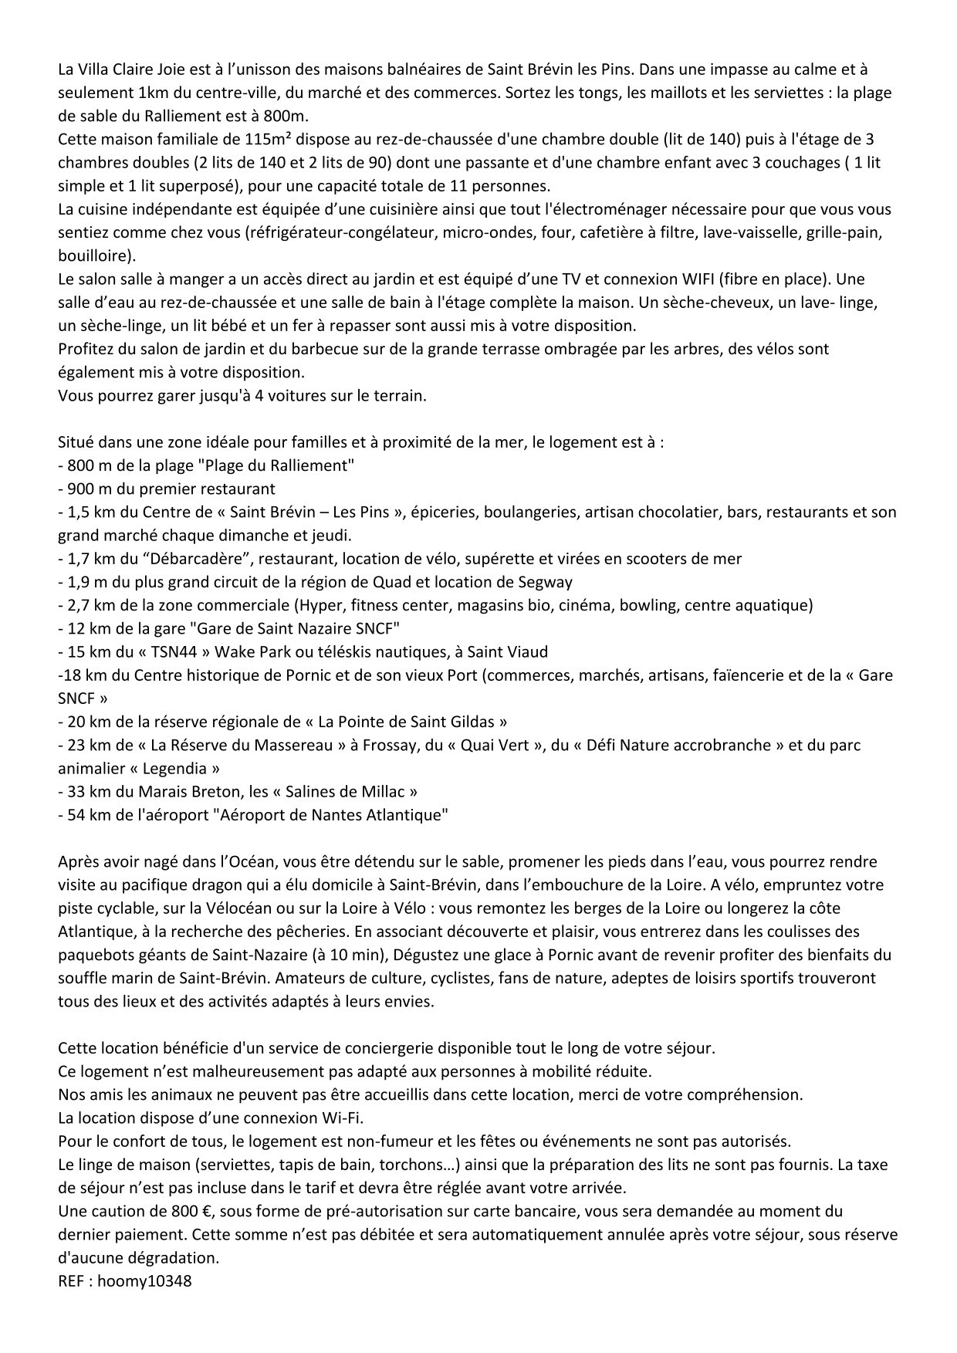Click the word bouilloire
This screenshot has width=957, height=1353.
click(x=94, y=255)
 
